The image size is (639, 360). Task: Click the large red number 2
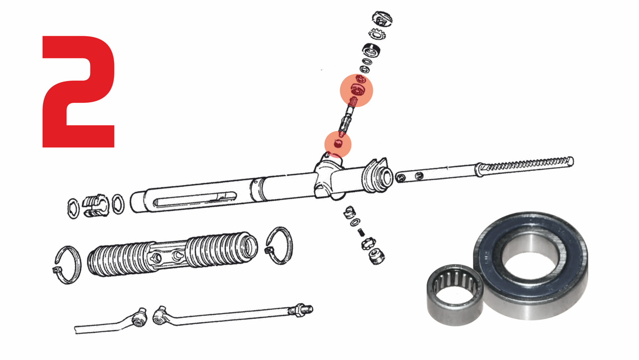[x=78, y=91]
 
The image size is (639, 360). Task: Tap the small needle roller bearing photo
[x=455, y=294]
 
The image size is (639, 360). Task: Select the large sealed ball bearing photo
[x=530, y=265]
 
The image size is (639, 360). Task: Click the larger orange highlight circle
[x=356, y=91]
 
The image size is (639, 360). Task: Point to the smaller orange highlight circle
[x=338, y=144]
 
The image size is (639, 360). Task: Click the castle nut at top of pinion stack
[x=382, y=19]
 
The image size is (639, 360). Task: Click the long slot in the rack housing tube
[x=195, y=199]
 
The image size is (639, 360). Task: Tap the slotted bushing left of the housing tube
[x=96, y=206]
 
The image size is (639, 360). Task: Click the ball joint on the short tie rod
[x=140, y=317]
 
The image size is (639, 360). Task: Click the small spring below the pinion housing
[x=361, y=233]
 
